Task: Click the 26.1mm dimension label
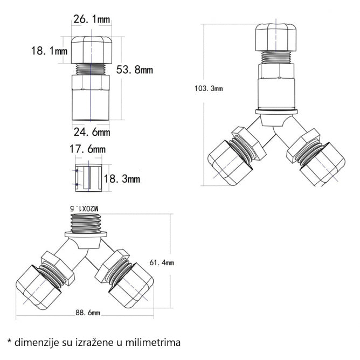92,20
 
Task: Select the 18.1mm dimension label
49,52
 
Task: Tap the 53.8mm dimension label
135,70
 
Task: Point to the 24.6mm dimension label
92,131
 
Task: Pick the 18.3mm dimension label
121,178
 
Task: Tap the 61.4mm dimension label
162,262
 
